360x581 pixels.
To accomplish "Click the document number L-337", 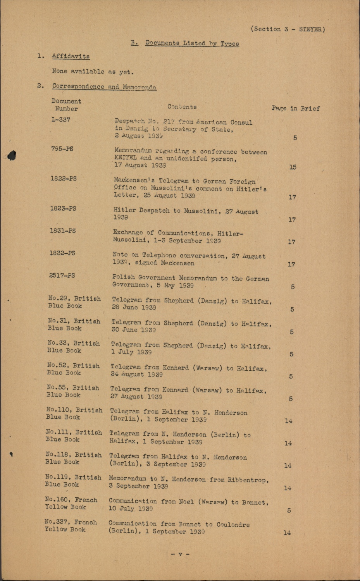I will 61,120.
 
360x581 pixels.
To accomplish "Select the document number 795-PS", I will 62,149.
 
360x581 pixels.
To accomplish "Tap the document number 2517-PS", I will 62,275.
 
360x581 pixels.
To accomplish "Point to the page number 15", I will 293,167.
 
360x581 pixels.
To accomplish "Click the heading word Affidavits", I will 71,56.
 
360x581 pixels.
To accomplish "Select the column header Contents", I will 182,107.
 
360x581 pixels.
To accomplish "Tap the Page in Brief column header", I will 295,108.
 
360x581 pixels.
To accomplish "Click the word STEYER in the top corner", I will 312,29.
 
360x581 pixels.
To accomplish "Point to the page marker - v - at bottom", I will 180,554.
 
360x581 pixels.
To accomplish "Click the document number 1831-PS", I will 63,231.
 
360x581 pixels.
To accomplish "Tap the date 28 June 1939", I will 134,308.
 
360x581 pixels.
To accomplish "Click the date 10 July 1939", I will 131,509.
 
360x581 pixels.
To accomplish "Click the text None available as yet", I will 93,72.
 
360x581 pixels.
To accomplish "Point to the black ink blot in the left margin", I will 12,156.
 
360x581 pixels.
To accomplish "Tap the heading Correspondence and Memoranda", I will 104,87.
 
